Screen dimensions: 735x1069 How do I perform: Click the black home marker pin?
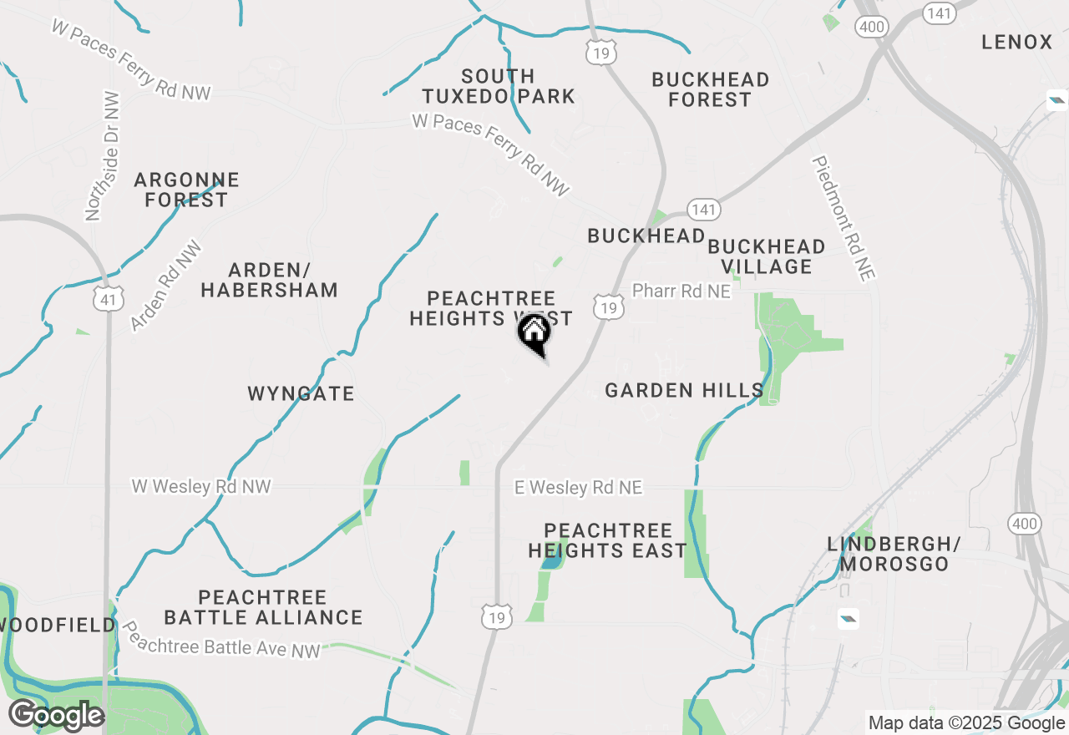[534, 334]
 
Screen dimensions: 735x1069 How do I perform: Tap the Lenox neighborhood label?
[1016, 42]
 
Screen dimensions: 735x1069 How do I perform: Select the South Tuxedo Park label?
[499, 86]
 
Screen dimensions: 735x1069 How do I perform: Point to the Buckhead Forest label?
[710, 89]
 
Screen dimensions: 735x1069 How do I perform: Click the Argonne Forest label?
[186, 190]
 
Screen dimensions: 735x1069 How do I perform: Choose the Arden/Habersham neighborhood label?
[269, 280]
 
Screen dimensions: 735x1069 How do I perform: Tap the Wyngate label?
[301, 393]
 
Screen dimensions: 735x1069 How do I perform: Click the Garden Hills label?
[684, 390]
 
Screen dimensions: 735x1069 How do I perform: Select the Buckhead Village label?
[766, 256]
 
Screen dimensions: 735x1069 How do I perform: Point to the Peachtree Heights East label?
[607, 540]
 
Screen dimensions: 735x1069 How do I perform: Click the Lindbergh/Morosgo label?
[894, 554]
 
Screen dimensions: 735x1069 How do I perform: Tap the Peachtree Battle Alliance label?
[263, 607]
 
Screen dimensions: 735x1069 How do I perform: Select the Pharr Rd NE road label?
[681, 291]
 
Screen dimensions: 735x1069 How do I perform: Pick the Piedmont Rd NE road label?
[841, 219]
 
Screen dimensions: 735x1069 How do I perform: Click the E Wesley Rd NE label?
[578, 487]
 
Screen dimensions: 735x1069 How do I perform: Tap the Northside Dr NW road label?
[103, 156]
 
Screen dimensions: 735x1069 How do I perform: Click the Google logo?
[55, 716]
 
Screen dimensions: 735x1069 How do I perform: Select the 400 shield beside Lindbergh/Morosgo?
[1024, 525]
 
